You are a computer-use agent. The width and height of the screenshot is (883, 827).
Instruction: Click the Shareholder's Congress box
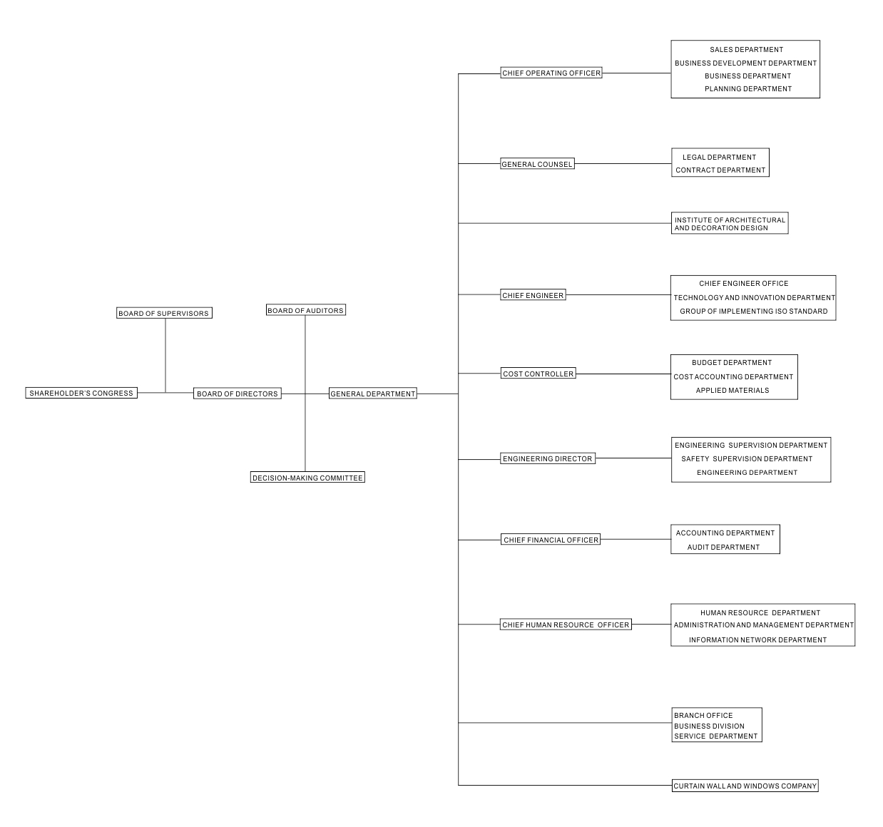(81, 393)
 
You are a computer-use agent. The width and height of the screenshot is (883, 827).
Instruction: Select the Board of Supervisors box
(164, 313)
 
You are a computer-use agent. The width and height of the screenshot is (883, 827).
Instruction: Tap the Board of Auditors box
(306, 310)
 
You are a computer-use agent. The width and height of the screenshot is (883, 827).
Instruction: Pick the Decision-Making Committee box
(307, 478)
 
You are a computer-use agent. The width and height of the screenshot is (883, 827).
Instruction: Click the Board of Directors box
(238, 394)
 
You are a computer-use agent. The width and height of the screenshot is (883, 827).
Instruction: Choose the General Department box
(373, 394)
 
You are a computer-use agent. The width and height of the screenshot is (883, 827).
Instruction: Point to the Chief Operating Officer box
(551, 73)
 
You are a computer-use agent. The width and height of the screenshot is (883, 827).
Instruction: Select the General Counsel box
(537, 164)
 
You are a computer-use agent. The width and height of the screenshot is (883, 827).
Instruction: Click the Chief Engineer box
(533, 294)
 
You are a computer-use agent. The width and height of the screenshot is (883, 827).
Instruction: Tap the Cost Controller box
(539, 374)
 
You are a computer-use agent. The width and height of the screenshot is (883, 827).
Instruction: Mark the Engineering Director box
(548, 458)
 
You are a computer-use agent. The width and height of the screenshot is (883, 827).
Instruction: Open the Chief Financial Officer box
(551, 539)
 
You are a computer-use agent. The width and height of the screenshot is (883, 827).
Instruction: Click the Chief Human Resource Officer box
(566, 625)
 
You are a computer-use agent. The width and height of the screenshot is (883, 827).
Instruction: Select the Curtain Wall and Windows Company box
(745, 786)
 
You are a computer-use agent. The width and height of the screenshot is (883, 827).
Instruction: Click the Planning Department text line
(748, 89)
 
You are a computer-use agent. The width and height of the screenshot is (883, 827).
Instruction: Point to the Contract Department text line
(720, 170)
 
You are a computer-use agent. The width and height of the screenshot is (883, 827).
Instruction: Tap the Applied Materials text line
(733, 391)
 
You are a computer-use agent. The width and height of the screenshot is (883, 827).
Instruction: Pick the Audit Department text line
(723, 548)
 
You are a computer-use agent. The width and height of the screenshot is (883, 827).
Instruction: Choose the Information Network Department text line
(757, 639)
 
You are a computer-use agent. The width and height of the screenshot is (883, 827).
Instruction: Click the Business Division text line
(709, 726)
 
